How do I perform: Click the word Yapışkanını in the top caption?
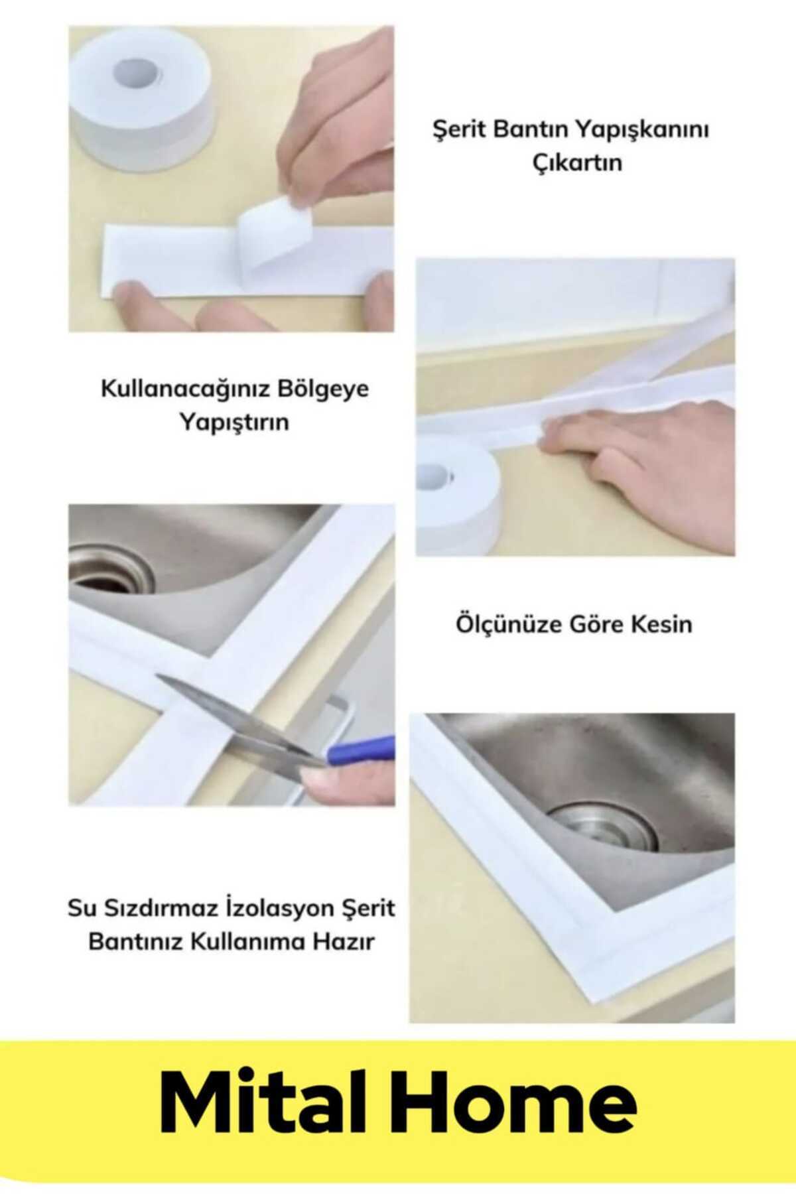pyautogui.click(x=641, y=131)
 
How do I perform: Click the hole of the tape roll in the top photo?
pyautogui.click(x=139, y=72)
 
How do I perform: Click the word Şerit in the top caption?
pyautogui.click(x=459, y=131)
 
